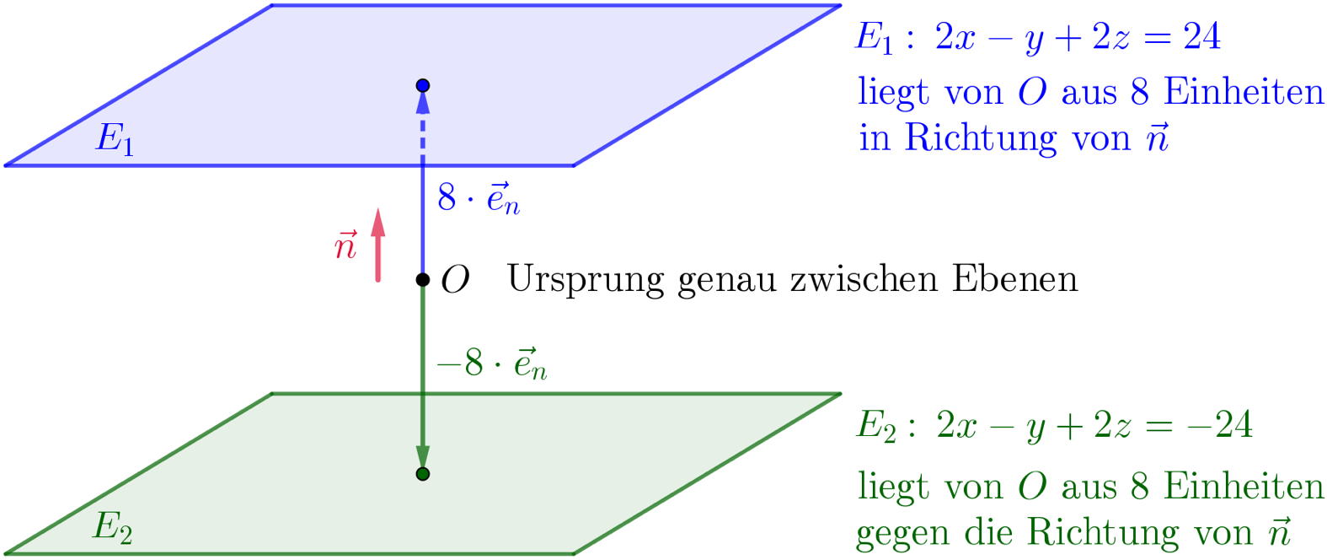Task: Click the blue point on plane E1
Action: [423, 85]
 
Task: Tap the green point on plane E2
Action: [423, 473]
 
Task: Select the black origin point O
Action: [423, 279]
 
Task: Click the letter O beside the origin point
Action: [455, 280]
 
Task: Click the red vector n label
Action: [345, 246]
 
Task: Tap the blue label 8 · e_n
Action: [478, 199]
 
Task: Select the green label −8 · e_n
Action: [492, 364]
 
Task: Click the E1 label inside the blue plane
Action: [115, 139]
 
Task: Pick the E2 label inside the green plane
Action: [112, 528]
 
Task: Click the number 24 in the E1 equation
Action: [1201, 37]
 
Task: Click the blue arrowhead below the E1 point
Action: [423, 101]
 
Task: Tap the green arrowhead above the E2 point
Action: [423, 456]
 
